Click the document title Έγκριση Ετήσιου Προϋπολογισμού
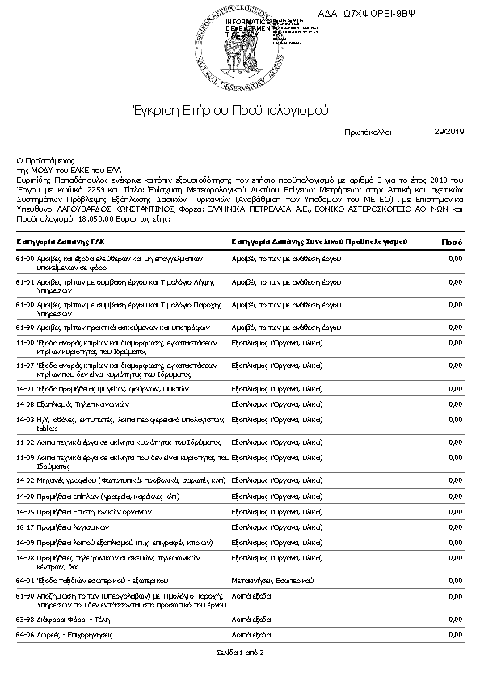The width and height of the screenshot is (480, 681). (230, 109)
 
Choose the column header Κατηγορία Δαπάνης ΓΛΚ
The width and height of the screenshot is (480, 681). (60, 242)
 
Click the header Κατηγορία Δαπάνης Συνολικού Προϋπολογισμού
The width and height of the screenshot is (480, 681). (318, 242)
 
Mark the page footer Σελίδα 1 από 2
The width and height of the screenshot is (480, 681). (240, 652)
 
